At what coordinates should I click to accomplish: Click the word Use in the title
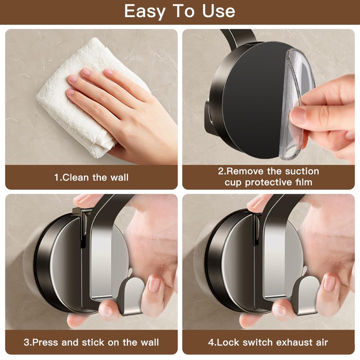click(x=218, y=11)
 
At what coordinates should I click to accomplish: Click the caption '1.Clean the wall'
click(x=91, y=177)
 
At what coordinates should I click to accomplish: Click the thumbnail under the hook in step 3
click(x=106, y=310)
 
